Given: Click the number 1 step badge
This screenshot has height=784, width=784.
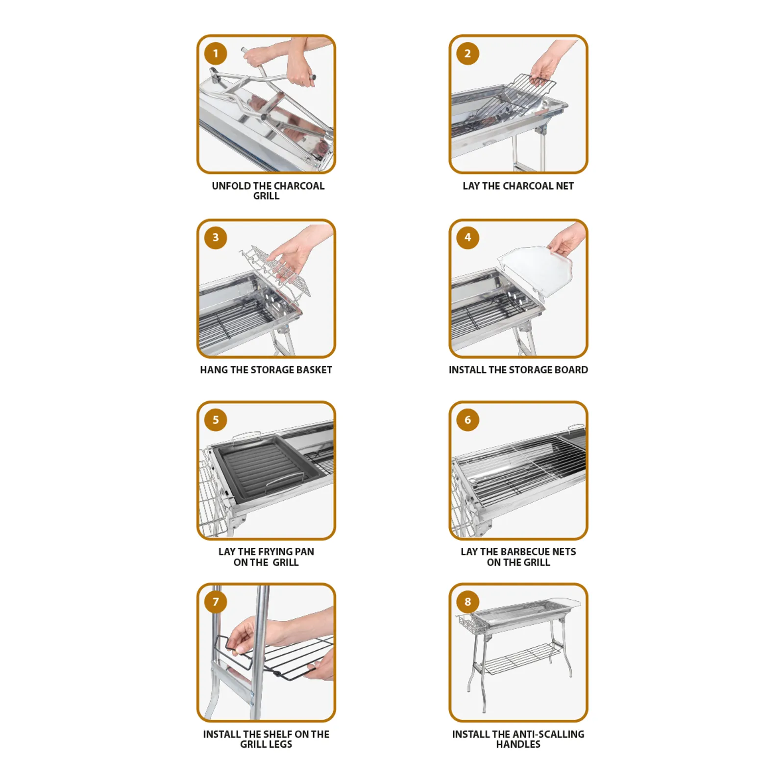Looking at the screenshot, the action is [x=216, y=53].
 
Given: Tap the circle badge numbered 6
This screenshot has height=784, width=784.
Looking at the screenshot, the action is [x=467, y=419].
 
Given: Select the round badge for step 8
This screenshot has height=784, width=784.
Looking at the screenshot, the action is [x=467, y=601].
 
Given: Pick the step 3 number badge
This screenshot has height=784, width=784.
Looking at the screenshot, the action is [x=216, y=237].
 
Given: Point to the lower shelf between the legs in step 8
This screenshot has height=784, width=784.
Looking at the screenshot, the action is [x=522, y=658].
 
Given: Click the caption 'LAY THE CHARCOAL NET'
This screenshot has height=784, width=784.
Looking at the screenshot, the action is [x=518, y=186].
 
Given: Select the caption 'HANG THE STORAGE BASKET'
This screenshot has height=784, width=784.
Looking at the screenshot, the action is [x=266, y=370].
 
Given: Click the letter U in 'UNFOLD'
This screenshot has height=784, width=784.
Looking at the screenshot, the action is [x=215, y=186].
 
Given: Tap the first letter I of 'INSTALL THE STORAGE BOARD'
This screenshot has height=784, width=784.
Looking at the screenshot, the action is [x=450, y=370].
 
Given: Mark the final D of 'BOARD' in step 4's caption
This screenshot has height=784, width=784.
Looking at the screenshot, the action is [x=585, y=370].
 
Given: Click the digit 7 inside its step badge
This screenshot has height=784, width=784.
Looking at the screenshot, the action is [x=216, y=602].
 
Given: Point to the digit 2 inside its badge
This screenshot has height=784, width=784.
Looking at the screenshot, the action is [x=467, y=53].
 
